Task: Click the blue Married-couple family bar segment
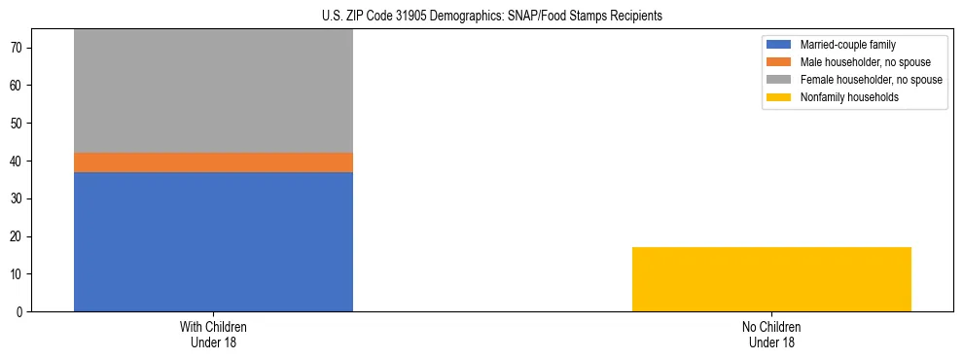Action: click(213, 241)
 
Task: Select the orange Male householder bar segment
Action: click(213, 162)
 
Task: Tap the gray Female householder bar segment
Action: click(213, 90)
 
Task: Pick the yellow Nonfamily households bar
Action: click(771, 279)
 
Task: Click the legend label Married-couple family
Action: click(847, 45)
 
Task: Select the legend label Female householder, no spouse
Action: click(871, 80)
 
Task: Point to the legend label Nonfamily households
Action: click(842, 97)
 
